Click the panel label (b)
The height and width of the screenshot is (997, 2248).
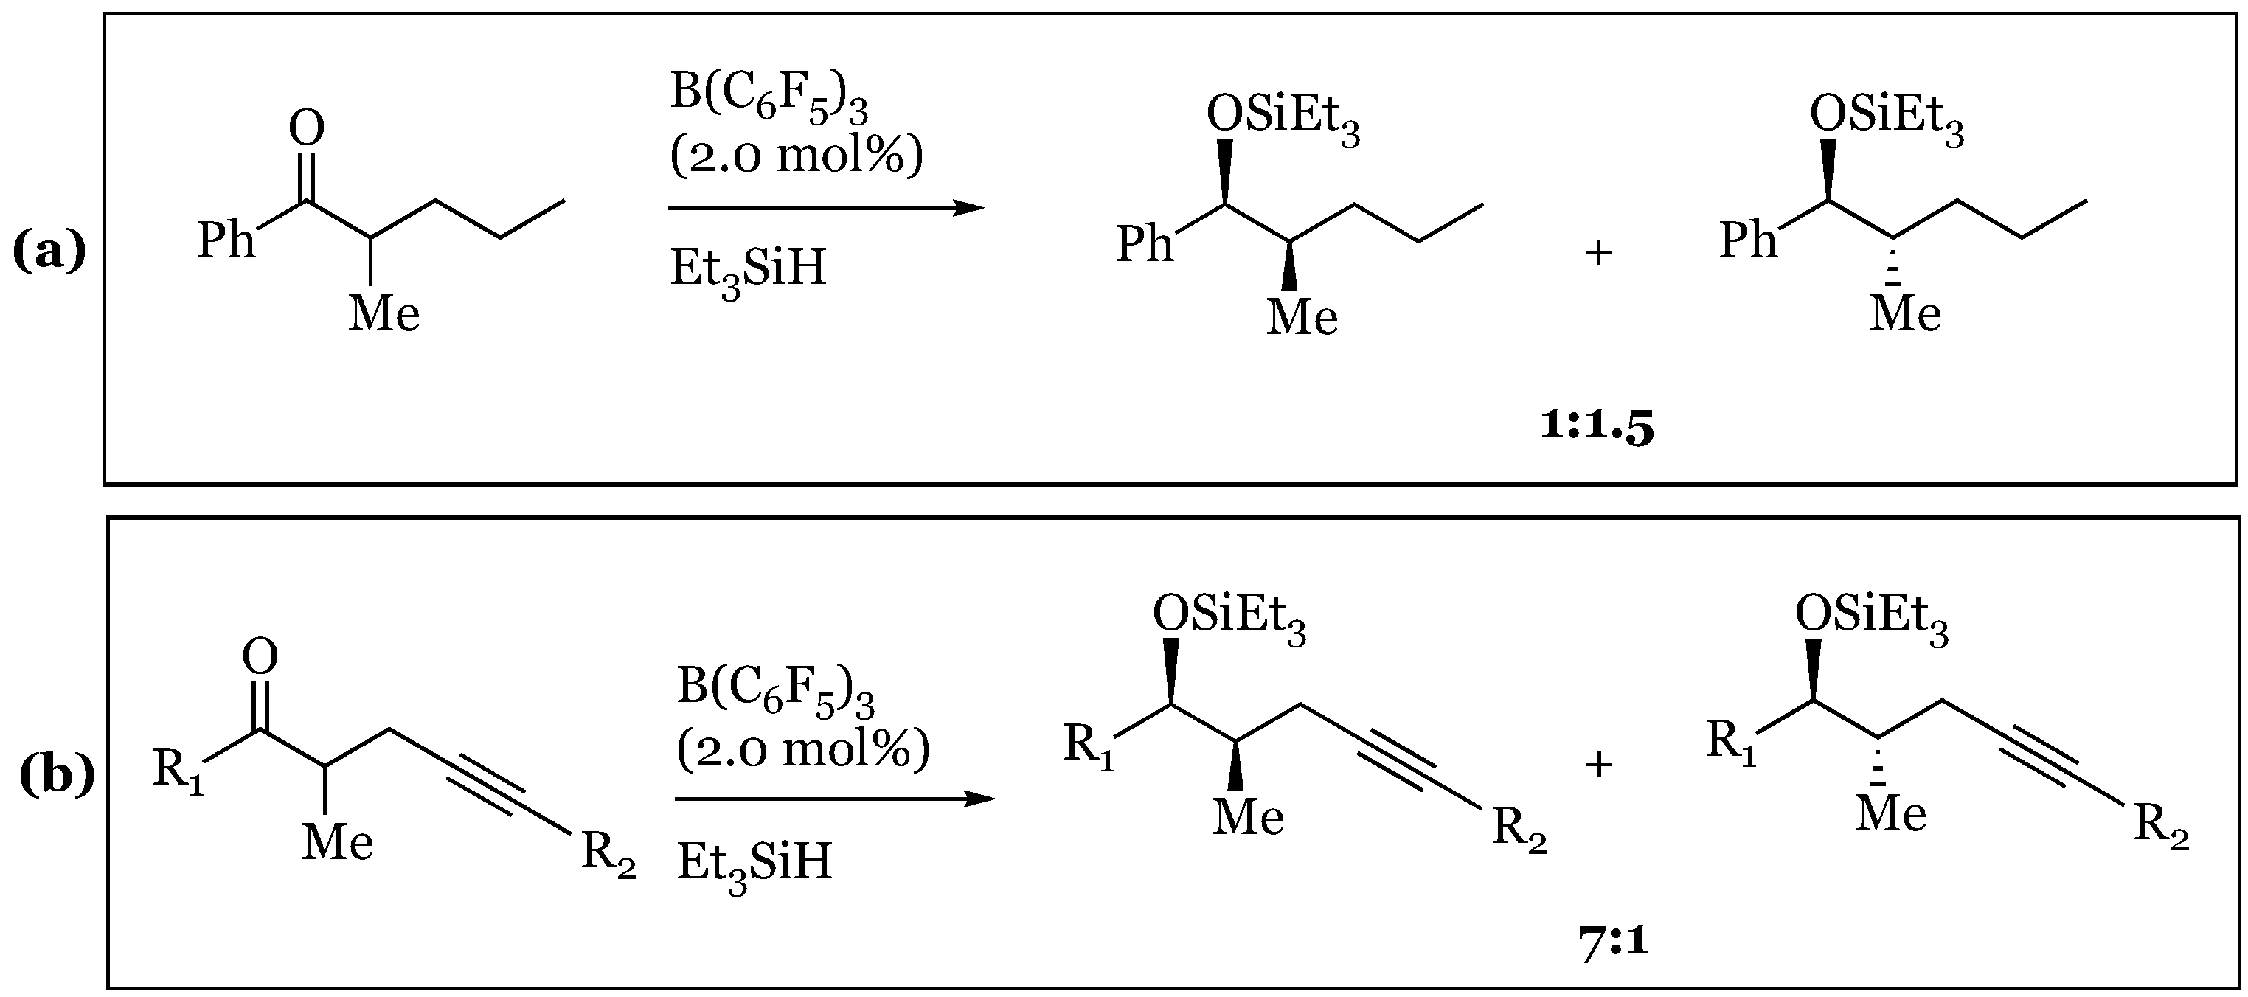(57, 776)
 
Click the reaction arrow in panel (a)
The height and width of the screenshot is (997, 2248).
(825, 209)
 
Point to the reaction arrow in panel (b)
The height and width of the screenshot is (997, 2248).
(834, 799)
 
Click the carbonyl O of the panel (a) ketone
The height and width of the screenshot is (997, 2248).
(306, 128)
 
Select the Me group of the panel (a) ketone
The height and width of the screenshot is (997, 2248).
(384, 314)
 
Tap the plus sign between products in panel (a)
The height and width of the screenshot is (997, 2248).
(1597, 254)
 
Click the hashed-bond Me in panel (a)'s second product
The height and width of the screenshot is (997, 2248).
(1905, 314)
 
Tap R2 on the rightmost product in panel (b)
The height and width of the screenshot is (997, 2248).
(2162, 825)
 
